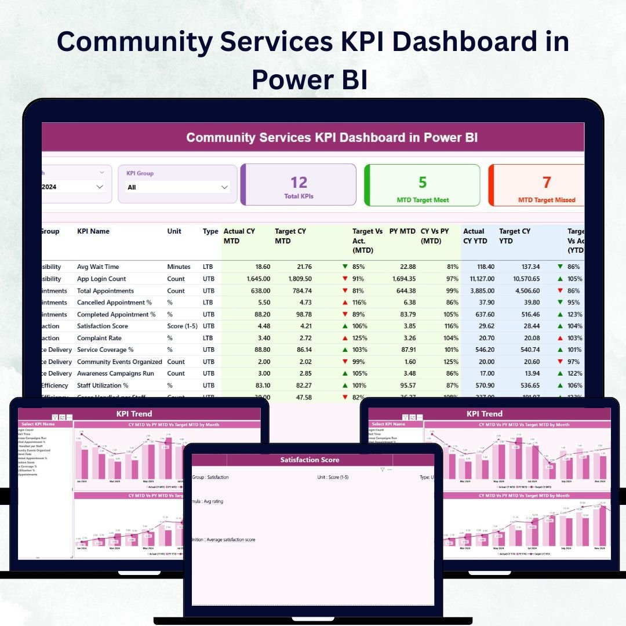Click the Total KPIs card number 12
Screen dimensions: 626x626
pyautogui.click(x=299, y=183)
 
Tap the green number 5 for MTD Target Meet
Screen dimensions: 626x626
pyautogui.click(x=423, y=183)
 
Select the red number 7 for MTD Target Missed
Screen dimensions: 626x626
pyautogui.click(x=546, y=183)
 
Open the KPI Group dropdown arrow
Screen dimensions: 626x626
pyautogui.click(x=224, y=187)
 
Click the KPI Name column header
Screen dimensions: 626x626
pyautogui.click(x=93, y=231)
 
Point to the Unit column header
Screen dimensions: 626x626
pyautogui.click(x=174, y=231)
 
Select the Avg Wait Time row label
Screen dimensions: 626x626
pyautogui.click(x=98, y=267)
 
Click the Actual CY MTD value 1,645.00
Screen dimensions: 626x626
pyautogui.click(x=253, y=279)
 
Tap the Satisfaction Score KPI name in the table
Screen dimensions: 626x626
pyautogui.click(x=103, y=326)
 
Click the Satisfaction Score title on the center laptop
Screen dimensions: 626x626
pyautogui.click(x=310, y=460)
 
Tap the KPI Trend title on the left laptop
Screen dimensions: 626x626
pyautogui.click(x=134, y=414)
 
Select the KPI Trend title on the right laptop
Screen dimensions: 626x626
pyautogui.click(x=485, y=414)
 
